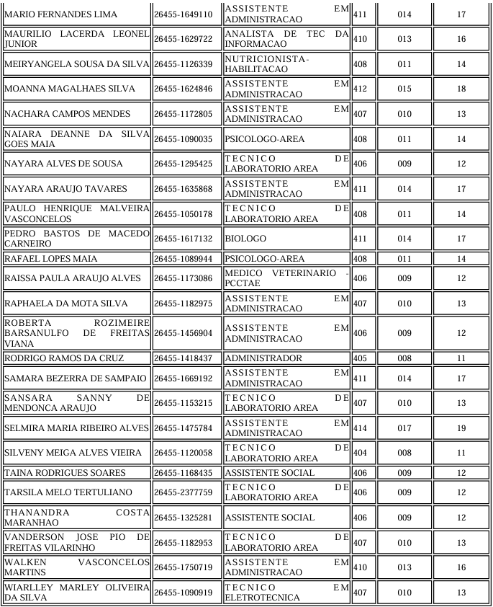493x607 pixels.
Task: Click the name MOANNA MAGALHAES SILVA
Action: [x=59, y=89]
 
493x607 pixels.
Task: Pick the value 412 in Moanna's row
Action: [x=361, y=89]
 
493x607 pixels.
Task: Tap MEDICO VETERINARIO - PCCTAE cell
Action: [x=286, y=278]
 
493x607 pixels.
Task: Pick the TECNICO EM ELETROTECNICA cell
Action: [x=286, y=593]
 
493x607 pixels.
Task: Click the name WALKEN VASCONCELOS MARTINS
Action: [x=76, y=567]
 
